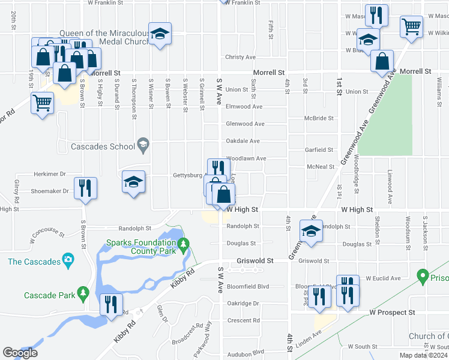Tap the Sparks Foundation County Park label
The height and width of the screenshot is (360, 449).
142,247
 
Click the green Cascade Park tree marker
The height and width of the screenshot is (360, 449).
83,294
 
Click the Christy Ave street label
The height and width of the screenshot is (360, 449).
240,57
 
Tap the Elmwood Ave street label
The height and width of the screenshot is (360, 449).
244,107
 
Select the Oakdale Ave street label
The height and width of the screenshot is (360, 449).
242,141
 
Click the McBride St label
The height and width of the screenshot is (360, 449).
318,119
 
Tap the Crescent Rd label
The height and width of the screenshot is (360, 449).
243,320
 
